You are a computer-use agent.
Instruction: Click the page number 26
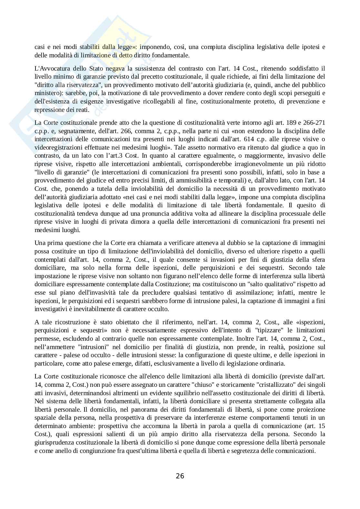tap(180, 476)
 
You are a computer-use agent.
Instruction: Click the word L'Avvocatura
tap(50, 68)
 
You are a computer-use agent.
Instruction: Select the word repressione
tap(49, 110)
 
